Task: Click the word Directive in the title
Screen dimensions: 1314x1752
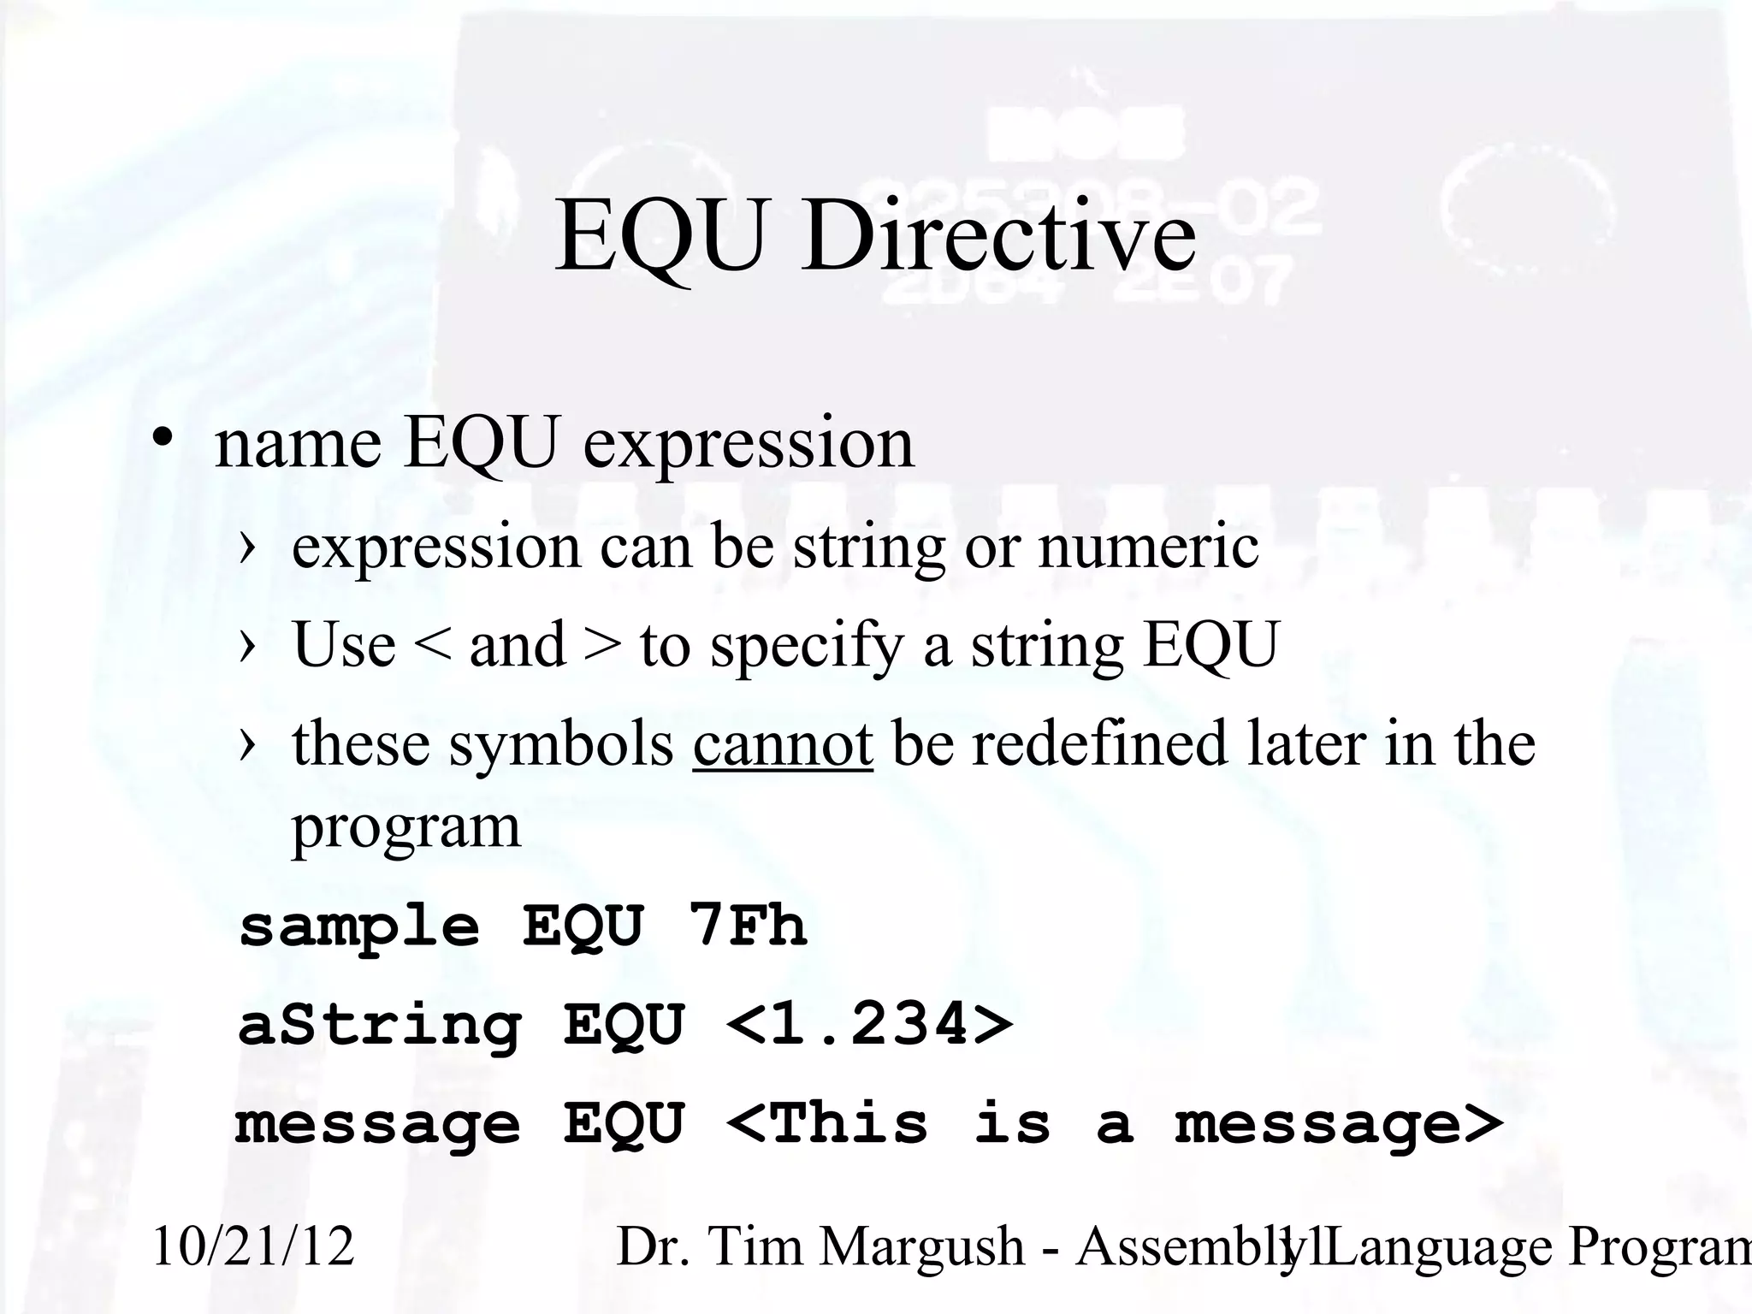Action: tap(997, 235)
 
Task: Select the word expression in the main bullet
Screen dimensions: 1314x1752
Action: tap(749, 445)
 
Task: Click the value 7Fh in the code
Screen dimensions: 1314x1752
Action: tap(747, 926)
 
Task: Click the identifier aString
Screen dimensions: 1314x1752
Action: tap(379, 1026)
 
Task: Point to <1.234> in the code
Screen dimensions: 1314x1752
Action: tap(868, 1024)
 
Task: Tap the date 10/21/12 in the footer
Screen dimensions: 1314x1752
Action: tap(253, 1246)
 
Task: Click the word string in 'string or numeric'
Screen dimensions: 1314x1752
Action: tap(869, 548)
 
